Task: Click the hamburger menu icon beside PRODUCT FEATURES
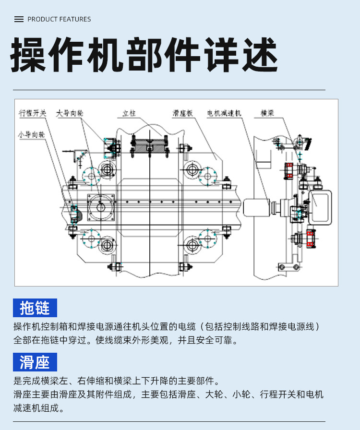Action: pos(19,19)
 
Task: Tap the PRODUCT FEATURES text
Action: pos(59,19)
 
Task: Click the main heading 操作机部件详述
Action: pos(144,56)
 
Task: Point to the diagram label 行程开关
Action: pos(33,113)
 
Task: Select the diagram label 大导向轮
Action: pos(70,113)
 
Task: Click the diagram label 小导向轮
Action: pos(31,135)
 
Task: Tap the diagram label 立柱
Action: pos(129,113)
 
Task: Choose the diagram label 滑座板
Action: pos(183,113)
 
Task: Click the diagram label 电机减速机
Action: pos(224,113)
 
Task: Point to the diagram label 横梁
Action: pos(267,113)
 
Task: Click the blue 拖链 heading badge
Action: pos(35,308)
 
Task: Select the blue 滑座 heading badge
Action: pos(35,362)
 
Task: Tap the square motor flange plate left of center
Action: pos(101,207)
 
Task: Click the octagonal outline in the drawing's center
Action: pos(149,202)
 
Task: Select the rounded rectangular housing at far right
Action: pos(320,206)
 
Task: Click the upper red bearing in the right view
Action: pos(288,170)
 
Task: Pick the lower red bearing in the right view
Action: pos(310,238)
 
